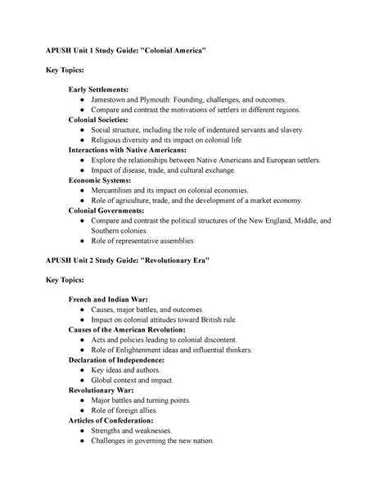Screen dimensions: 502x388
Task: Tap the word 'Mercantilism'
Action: pyautogui.click(x=118, y=190)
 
